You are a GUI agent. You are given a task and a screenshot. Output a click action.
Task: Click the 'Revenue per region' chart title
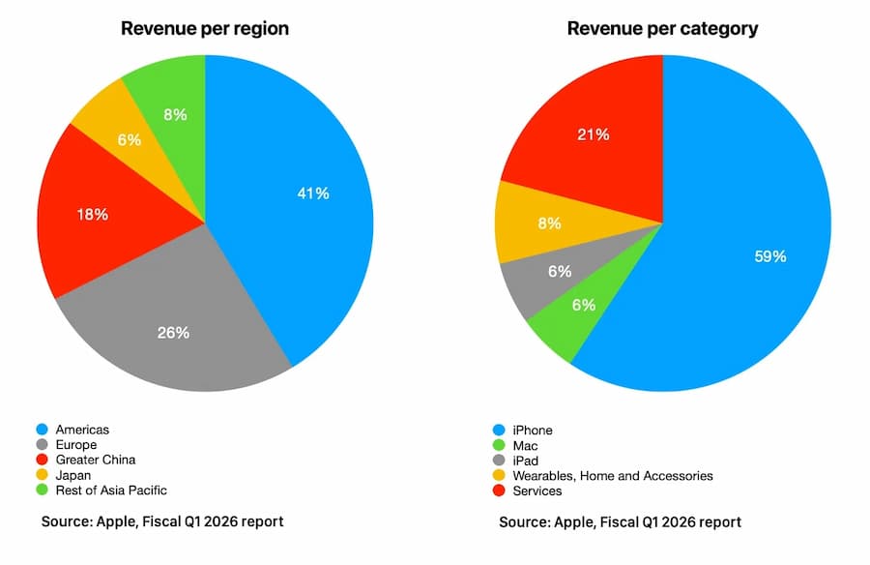click(204, 28)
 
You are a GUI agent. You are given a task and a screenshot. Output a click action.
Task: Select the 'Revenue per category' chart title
click(662, 28)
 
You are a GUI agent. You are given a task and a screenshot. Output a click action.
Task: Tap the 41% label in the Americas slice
click(312, 193)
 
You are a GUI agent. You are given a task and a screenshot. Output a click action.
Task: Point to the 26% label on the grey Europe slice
click(173, 333)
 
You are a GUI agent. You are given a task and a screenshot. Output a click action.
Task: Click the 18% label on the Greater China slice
click(92, 214)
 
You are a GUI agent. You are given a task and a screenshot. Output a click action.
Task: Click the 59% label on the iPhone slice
click(769, 256)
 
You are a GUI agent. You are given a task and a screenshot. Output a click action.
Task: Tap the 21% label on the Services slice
click(594, 134)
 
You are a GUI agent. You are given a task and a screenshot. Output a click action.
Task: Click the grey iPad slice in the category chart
click(559, 273)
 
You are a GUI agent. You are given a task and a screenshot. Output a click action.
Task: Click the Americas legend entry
click(82, 430)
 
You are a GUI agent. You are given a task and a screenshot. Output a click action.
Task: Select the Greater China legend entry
click(96, 460)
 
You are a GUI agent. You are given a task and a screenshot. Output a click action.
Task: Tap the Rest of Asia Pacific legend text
click(111, 491)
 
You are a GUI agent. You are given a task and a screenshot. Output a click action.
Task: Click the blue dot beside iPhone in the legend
click(500, 430)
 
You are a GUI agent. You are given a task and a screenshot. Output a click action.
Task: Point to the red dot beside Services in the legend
click(500, 491)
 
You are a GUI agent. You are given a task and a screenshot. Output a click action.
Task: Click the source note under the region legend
click(162, 521)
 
